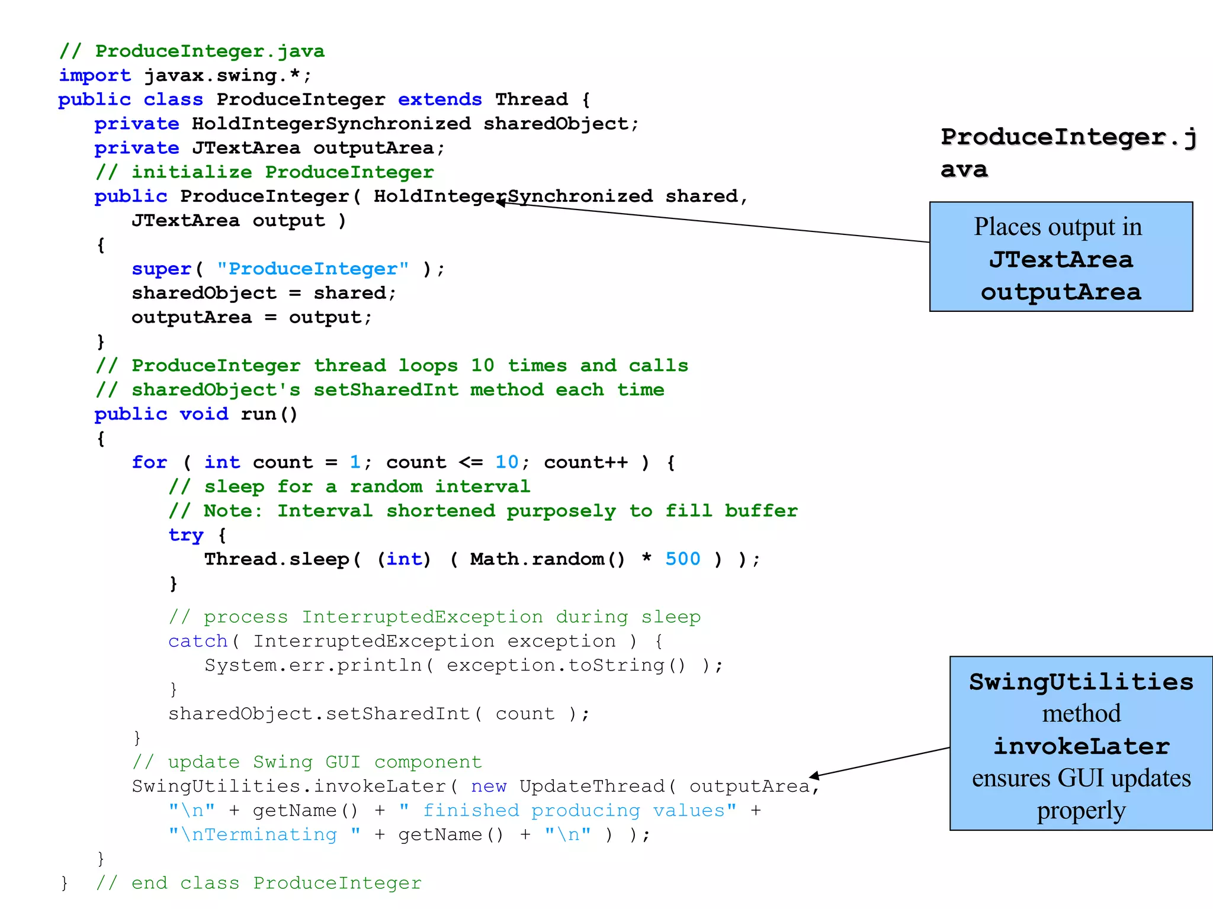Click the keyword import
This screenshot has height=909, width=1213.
94,76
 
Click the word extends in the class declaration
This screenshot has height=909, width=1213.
439,99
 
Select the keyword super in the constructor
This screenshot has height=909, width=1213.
161,269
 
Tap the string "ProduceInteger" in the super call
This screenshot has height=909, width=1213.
313,269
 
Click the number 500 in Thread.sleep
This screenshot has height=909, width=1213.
682,559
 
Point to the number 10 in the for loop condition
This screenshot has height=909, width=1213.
507,462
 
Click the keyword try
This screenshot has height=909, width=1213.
185,535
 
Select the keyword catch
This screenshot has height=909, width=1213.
198,642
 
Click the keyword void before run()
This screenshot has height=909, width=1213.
204,414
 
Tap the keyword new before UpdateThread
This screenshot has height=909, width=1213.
489,786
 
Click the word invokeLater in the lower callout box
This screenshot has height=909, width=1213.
1081,746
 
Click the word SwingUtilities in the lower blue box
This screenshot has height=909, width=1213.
1081,682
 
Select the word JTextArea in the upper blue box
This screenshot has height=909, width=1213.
1061,260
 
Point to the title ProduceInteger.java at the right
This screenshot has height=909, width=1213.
1067,152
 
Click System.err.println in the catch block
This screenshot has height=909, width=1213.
313,666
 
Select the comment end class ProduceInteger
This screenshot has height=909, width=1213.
276,884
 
